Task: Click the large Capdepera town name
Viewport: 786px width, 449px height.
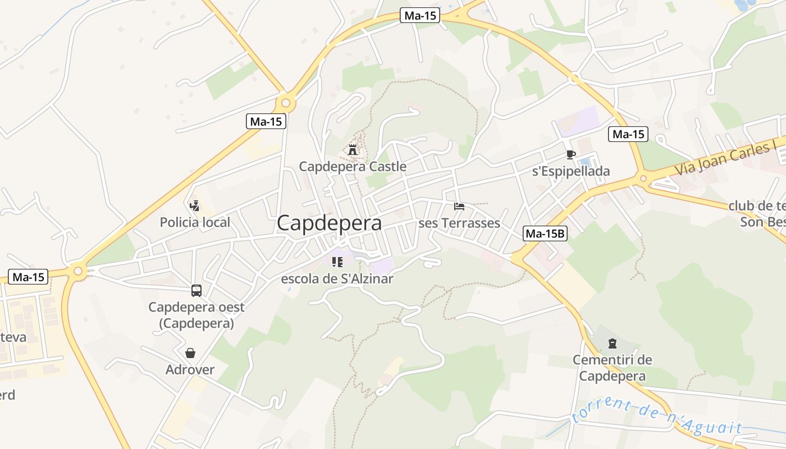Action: click(329, 223)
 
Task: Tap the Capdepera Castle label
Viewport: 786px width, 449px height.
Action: click(353, 167)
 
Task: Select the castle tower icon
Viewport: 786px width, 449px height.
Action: click(353, 150)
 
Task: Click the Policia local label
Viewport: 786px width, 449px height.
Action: click(195, 222)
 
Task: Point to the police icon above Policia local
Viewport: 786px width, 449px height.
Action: click(195, 206)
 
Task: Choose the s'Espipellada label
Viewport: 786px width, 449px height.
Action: click(570, 171)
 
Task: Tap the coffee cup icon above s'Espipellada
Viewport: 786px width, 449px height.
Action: click(570, 154)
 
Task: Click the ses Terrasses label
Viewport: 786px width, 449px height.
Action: click(459, 223)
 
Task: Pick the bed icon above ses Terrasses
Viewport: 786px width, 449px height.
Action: click(459, 207)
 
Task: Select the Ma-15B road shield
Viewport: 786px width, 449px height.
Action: click(545, 234)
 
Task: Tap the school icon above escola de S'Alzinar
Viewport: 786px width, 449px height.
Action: click(337, 262)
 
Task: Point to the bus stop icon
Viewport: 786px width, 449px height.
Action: click(196, 291)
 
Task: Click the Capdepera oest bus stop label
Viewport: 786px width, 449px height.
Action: click(196, 315)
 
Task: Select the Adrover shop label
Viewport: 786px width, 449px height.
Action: click(190, 370)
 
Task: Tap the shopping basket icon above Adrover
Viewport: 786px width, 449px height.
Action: click(190, 353)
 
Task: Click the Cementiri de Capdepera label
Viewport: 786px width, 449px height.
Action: click(612, 368)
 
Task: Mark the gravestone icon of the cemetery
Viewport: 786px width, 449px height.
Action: click(612, 343)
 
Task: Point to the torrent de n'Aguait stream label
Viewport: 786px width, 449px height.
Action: click(657, 419)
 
